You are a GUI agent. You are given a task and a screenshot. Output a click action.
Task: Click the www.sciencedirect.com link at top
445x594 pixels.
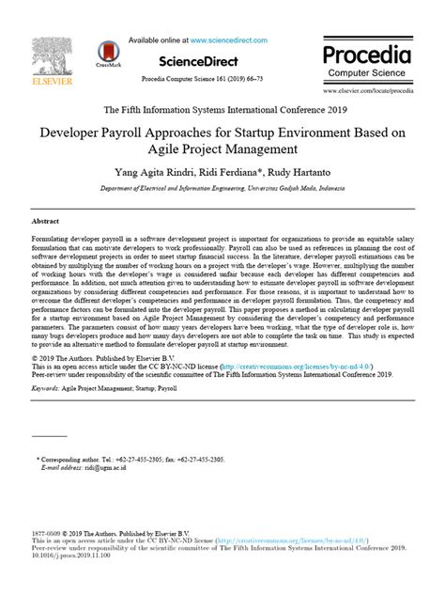pos(228,40)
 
